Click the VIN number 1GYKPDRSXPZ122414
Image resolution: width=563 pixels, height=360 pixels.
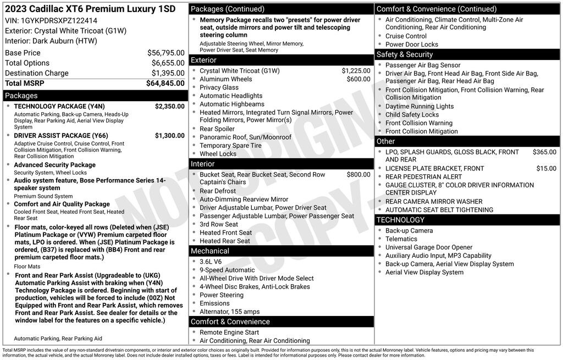tap(59, 20)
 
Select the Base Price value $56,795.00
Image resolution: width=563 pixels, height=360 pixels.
tap(165, 53)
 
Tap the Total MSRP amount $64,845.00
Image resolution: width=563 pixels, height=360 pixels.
tap(165, 84)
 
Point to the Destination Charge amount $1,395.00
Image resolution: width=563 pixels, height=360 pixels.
tap(168, 74)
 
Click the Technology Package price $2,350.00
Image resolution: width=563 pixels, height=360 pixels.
tap(169, 107)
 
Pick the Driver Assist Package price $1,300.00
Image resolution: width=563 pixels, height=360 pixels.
tap(169, 136)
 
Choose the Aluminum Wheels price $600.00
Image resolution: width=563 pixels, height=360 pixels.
tap(358, 79)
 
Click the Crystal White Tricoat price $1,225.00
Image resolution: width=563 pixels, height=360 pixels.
tap(356, 71)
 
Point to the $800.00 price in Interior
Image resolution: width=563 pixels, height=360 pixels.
tap(358, 175)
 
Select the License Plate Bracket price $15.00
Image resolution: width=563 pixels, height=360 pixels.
tap(546, 169)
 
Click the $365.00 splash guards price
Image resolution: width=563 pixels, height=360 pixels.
tap(544, 152)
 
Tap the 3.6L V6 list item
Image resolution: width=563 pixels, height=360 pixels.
tap(211, 262)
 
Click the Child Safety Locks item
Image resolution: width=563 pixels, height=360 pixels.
tap(412, 115)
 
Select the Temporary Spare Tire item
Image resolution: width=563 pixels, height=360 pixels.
tap(230, 146)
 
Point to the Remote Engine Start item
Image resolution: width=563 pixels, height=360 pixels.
tap(229, 333)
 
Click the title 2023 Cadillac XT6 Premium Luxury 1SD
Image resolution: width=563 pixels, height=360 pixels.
tap(90, 9)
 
